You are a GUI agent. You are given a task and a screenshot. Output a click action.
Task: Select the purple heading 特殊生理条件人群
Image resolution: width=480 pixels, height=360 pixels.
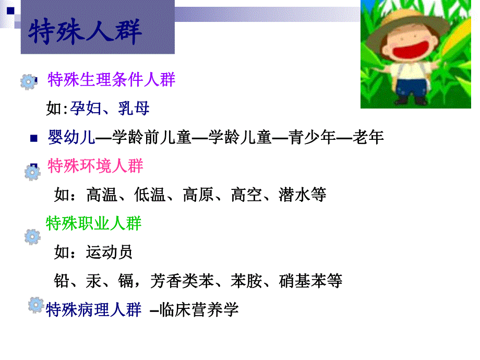111,80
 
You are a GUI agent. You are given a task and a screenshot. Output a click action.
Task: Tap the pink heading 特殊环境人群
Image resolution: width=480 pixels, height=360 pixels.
95,166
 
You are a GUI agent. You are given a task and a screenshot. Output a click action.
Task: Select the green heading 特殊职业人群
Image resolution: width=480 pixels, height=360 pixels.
94,224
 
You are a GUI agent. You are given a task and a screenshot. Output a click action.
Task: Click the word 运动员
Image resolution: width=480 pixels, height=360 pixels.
110,253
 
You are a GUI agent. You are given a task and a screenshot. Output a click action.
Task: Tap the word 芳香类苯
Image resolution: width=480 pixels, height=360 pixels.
182,281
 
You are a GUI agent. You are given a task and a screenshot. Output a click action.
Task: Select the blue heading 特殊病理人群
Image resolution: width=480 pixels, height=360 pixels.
94,309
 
